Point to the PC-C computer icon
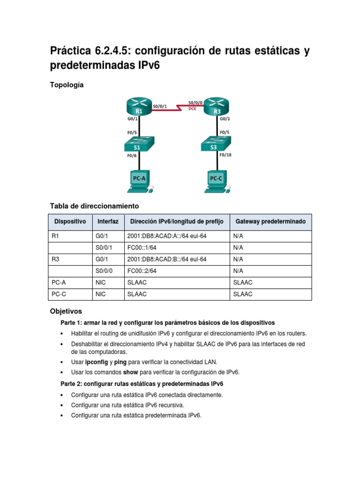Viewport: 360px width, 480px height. tap(217, 181)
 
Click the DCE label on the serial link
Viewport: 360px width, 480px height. tap(192, 108)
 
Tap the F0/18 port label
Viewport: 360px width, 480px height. tap(225, 155)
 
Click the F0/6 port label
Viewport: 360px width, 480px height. tap(132, 156)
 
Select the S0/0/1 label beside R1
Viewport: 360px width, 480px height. tap(160, 106)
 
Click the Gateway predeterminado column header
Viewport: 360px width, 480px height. tap(270, 221)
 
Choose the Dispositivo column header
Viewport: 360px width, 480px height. tap(70, 221)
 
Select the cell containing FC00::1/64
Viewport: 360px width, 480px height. tap(142, 247)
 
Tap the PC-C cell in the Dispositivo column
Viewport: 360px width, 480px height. tap(59, 294)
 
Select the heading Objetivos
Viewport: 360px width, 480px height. tap(66, 311)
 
